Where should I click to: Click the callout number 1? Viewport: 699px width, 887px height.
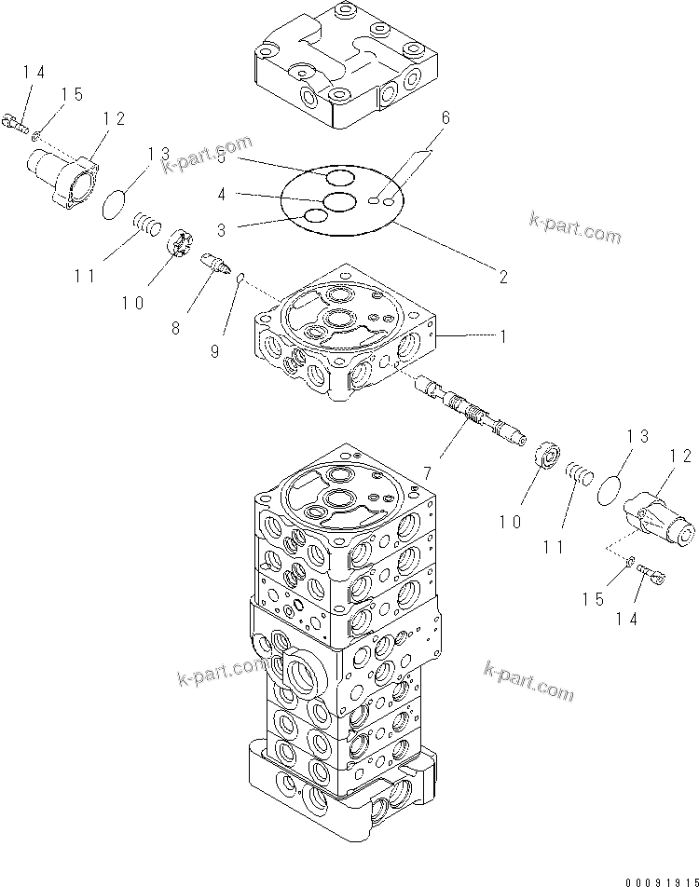click(502, 336)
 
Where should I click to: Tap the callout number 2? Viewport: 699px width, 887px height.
click(502, 277)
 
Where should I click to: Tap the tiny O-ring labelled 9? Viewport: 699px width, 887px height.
click(240, 277)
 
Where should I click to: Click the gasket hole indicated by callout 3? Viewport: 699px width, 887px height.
click(316, 216)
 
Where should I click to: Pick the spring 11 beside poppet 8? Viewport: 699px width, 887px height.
click(147, 224)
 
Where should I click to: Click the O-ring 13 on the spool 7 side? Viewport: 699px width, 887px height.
click(612, 489)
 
